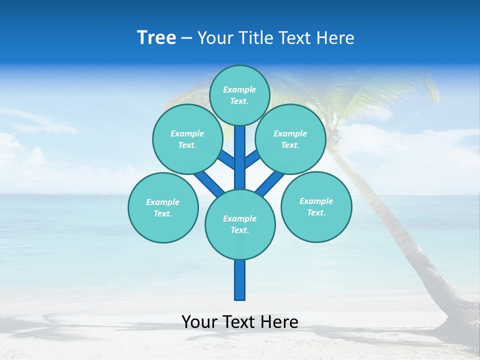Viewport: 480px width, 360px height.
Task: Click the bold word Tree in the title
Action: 156,38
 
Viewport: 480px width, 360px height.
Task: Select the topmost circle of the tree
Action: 239,95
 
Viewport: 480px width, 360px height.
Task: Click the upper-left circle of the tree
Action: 187,139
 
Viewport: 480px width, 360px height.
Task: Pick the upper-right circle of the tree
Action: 290,139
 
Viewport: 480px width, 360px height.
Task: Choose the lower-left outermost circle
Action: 163,207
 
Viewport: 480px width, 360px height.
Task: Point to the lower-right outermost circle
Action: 316,206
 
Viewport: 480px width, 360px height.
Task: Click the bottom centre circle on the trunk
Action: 240,224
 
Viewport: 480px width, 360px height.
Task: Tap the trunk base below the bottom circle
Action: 240,280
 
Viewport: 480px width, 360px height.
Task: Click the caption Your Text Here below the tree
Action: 240,322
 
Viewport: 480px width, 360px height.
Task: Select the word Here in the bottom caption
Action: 280,322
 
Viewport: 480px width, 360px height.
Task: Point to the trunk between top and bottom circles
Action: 240,160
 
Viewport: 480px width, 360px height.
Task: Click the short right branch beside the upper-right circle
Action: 252,159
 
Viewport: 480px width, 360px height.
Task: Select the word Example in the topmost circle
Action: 239,89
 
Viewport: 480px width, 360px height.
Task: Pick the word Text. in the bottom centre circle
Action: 239,230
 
